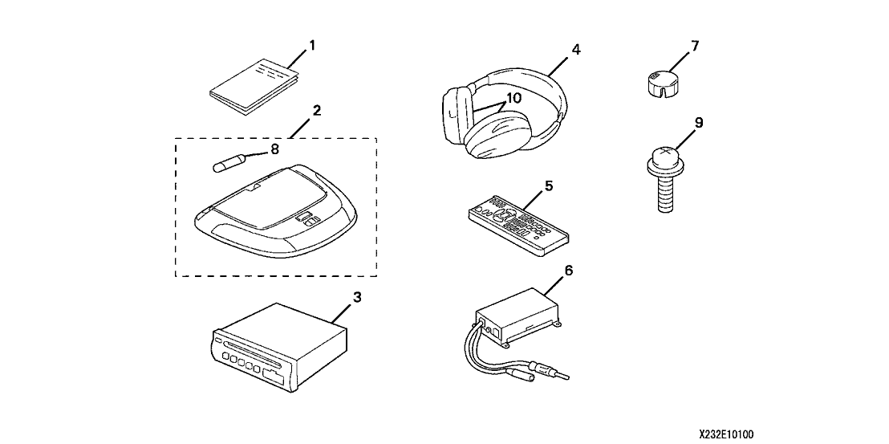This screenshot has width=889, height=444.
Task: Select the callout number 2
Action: click(317, 110)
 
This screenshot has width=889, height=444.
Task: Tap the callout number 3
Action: click(358, 297)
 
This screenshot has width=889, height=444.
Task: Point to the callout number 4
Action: click(576, 49)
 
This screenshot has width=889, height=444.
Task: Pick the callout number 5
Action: click(549, 185)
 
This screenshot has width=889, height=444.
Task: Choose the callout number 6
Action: click(568, 271)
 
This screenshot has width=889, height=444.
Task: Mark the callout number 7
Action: click(695, 46)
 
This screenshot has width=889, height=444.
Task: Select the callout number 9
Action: click(698, 122)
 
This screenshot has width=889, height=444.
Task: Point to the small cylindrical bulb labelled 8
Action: click(227, 165)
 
